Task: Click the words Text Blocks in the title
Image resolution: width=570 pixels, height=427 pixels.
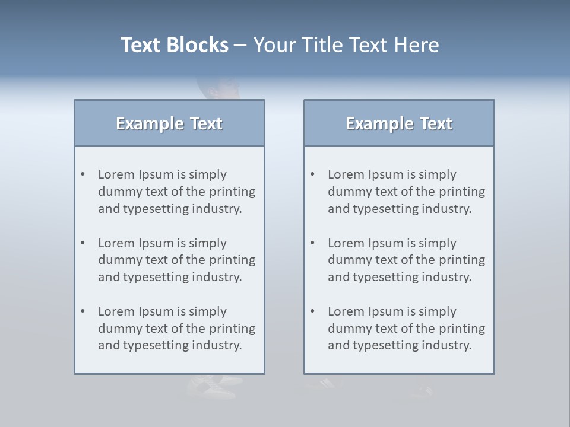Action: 174,45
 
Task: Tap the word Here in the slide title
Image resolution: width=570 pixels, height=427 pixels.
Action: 417,45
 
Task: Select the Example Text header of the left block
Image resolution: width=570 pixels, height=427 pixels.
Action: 169,123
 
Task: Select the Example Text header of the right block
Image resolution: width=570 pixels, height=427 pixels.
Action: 399,123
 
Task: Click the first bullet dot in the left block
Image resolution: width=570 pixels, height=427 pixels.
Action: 83,174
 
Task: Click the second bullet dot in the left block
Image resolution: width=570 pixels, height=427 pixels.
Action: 83,243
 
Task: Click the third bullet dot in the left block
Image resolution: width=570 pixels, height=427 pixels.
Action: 83,311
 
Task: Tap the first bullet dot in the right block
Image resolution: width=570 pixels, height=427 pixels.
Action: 313,174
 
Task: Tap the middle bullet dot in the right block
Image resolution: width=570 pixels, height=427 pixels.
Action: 313,243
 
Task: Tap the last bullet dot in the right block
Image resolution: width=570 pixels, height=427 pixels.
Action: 313,311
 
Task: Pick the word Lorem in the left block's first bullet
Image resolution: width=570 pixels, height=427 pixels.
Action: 116,174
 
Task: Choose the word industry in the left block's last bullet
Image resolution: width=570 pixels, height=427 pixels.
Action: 217,345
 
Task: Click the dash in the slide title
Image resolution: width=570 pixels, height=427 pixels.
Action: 240,45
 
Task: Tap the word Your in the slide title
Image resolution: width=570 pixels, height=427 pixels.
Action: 273,45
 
